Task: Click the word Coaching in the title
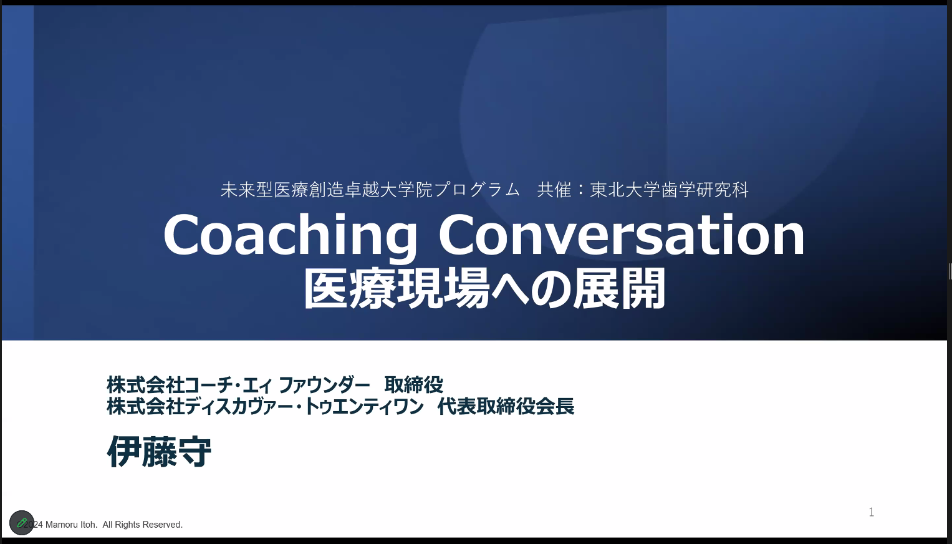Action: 290,236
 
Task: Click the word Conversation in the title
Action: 622,235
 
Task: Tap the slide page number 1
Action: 871,512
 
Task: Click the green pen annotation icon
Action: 22,523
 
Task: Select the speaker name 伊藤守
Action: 159,451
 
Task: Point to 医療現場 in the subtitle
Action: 397,289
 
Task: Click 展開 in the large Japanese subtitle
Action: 619,289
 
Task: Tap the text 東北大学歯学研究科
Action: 669,190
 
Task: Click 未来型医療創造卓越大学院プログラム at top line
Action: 370,190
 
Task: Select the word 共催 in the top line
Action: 554,190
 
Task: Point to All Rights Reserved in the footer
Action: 142,525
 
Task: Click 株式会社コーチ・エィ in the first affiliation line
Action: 189,386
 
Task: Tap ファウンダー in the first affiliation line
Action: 324,386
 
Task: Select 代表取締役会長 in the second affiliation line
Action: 506,406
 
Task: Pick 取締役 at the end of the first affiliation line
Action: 413,386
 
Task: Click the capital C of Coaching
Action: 182,236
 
